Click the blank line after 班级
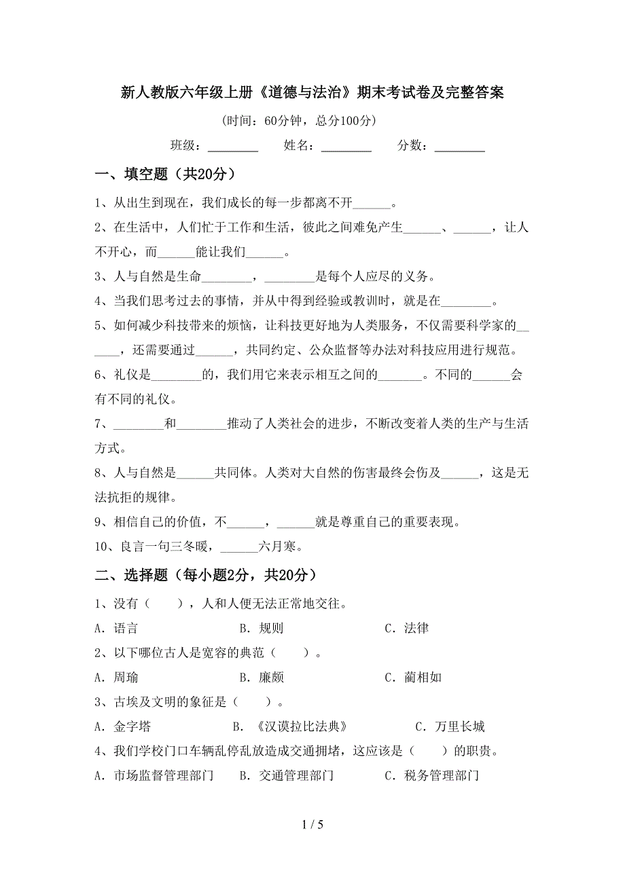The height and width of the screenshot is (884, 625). click(232, 147)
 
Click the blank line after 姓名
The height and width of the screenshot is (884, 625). click(346, 147)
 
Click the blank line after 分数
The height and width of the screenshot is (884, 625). click(459, 147)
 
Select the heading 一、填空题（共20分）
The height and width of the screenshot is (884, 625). click(166, 175)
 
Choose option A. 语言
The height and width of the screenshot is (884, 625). click(116, 628)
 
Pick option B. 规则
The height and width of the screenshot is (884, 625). click(262, 628)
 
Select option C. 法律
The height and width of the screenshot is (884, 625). click(406, 628)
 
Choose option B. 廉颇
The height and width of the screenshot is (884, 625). click(262, 677)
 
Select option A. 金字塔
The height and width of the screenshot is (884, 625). click(123, 726)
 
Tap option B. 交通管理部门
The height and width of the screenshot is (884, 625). click(287, 775)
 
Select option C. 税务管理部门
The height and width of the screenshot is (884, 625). click(432, 775)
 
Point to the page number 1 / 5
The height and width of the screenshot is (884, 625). click(312, 844)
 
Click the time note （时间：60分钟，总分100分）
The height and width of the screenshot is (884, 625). click(298, 121)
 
